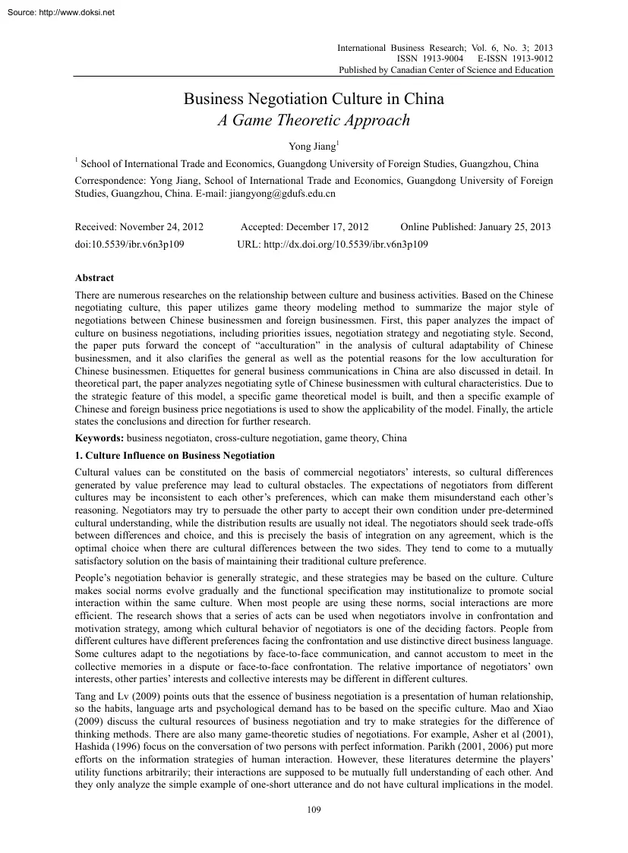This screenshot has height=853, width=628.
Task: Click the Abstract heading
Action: coord(94,279)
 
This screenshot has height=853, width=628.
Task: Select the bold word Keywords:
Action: coord(99,438)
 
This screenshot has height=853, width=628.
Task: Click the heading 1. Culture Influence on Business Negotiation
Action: coord(175,455)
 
